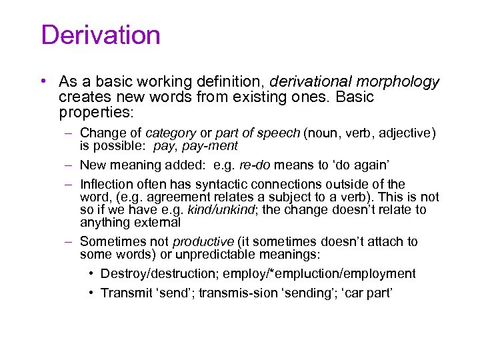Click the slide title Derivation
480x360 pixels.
pyautogui.click(x=101, y=35)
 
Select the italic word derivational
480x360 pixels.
pyautogui.click(x=307, y=82)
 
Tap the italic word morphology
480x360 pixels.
pyautogui.click(x=399, y=82)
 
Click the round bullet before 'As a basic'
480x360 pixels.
pyautogui.click(x=42, y=81)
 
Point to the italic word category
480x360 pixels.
pyautogui.click(x=171, y=133)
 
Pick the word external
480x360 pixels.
pyautogui.click(x=158, y=222)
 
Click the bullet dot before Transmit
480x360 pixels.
pyautogui.click(x=91, y=293)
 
